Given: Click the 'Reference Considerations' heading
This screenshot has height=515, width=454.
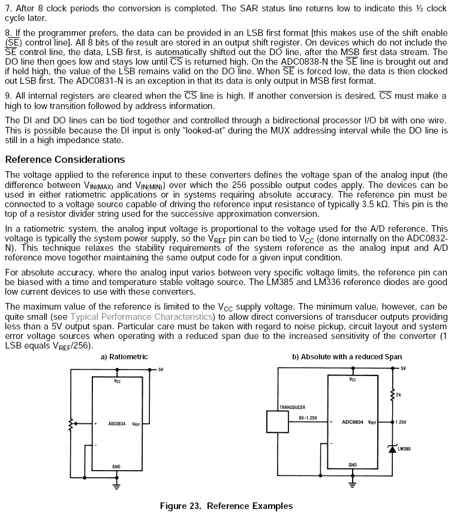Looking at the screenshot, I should [x=65, y=159].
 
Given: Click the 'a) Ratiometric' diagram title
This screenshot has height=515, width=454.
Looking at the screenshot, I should [x=124, y=357].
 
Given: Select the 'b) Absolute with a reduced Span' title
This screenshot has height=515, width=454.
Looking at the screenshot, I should [x=347, y=357].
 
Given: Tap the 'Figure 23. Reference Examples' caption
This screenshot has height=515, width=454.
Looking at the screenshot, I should [x=226, y=506].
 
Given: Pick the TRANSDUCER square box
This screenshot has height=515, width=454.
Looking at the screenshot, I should [x=278, y=422].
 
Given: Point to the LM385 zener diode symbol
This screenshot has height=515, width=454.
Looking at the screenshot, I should [x=392, y=449].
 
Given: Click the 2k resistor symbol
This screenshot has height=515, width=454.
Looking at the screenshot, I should [x=392, y=393].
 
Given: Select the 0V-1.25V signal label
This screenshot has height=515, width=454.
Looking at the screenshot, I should [x=307, y=417].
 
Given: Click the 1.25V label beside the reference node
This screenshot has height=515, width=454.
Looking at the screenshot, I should [x=401, y=422].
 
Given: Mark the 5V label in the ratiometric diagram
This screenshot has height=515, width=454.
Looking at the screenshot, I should [x=160, y=370].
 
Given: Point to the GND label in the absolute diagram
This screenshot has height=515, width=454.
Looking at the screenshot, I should [x=352, y=465].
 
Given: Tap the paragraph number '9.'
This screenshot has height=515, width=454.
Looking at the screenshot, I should [x=8, y=96].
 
